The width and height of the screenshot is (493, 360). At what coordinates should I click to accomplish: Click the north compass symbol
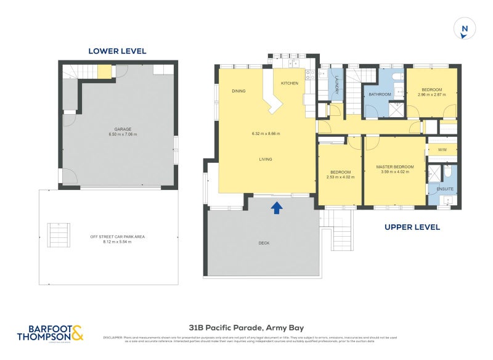(x=465, y=29)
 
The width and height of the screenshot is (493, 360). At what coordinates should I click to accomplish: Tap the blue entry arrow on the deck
(x=277, y=208)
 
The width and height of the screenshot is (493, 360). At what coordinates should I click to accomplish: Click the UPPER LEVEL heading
(x=412, y=227)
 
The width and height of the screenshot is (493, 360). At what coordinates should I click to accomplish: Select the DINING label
(x=238, y=91)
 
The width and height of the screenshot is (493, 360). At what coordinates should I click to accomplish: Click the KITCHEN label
(x=290, y=83)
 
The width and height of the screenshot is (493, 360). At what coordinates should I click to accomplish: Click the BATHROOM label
(x=380, y=94)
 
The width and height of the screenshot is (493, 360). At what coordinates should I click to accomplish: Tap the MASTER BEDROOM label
(x=395, y=167)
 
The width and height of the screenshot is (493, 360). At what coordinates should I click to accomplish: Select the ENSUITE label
(x=445, y=189)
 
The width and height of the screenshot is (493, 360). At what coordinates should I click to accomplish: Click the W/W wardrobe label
(x=442, y=150)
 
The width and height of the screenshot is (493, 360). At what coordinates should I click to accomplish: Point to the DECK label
(x=264, y=243)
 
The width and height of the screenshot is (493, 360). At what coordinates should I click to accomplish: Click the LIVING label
(x=266, y=160)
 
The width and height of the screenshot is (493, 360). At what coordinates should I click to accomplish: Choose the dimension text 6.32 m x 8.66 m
(x=266, y=134)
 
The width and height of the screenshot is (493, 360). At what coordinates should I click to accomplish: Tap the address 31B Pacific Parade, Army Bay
(x=246, y=328)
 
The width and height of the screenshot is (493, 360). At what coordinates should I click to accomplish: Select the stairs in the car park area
(x=59, y=234)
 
